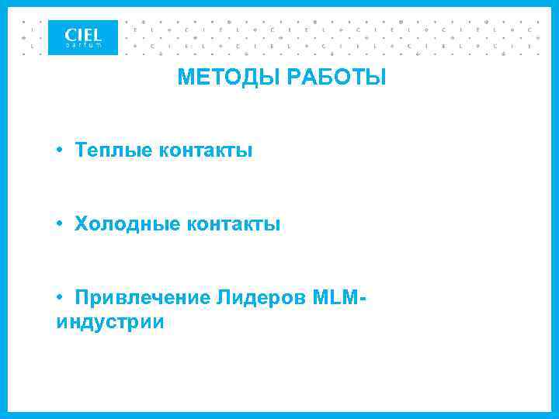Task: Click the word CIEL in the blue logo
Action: tap(83, 34)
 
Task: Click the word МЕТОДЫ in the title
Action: tap(224, 78)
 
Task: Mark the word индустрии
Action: tap(109, 321)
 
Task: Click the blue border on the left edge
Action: tap(2, 209)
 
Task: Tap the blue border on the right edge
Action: tap(556, 209)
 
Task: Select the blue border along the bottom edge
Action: tap(279, 415)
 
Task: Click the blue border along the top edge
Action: tap(279, 3)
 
